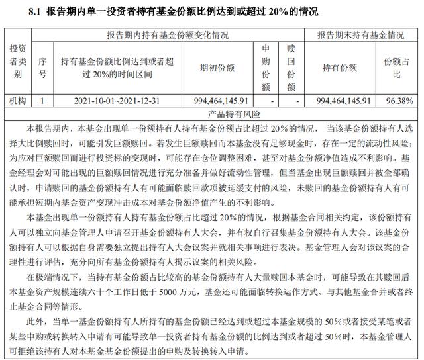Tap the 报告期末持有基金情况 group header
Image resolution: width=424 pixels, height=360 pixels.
point(360,34)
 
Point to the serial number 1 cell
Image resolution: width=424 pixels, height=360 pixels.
point(42,101)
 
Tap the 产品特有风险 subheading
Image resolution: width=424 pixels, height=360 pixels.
point(213,114)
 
